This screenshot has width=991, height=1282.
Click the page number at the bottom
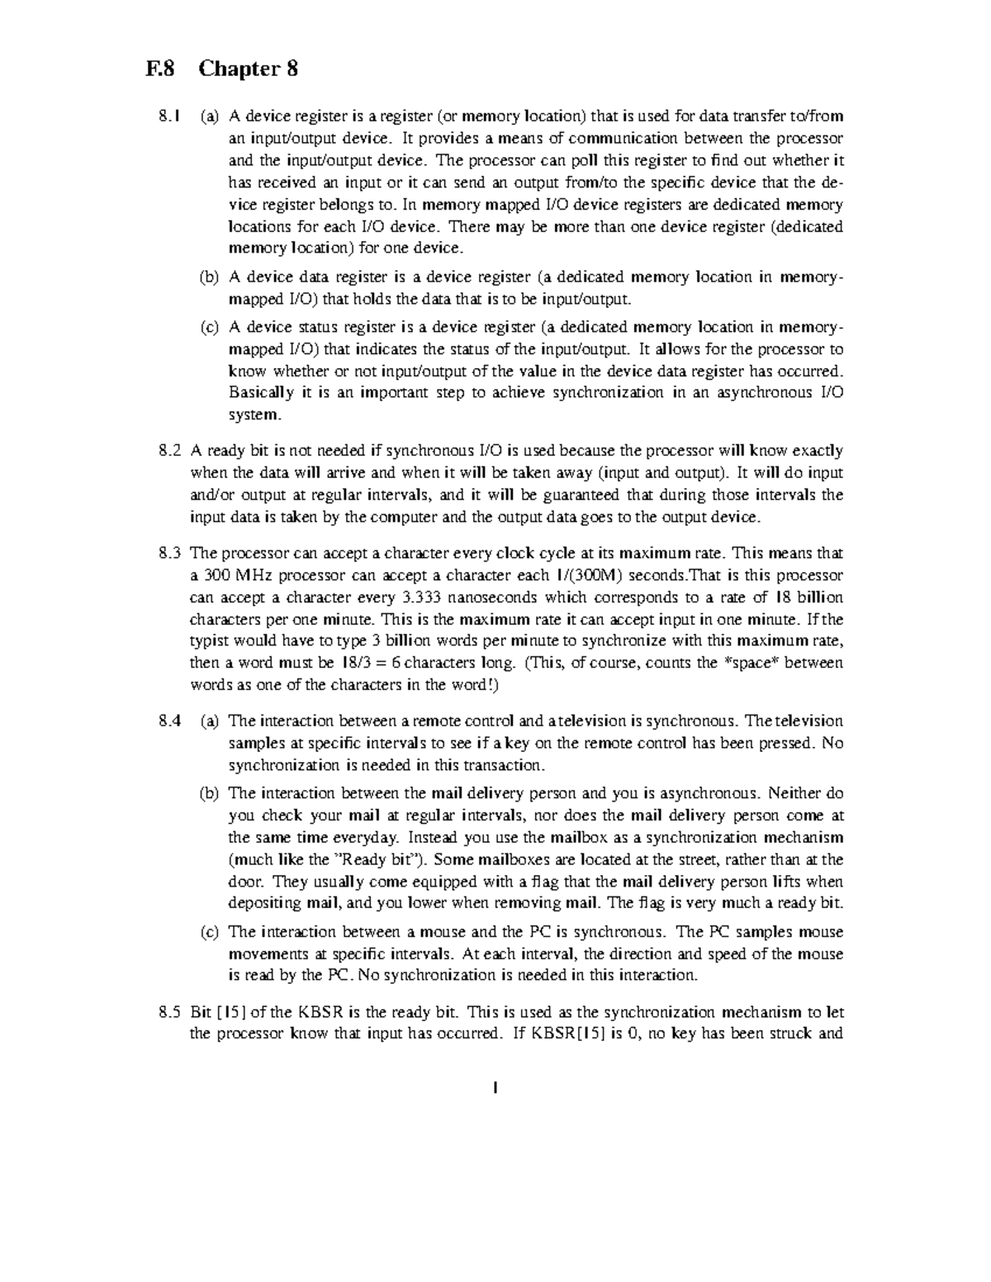(494, 1087)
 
